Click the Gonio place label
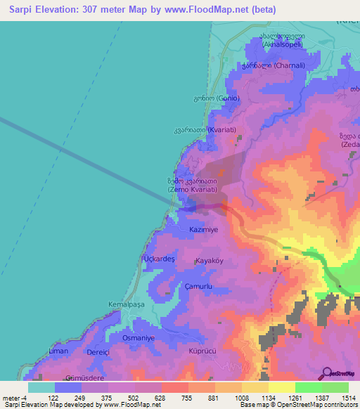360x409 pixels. click(221, 98)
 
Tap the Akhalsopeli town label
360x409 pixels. click(282, 40)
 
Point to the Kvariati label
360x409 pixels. click(209, 130)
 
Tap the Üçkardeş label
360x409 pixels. click(159, 259)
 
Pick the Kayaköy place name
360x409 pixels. click(209, 260)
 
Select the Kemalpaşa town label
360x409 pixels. click(124, 304)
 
